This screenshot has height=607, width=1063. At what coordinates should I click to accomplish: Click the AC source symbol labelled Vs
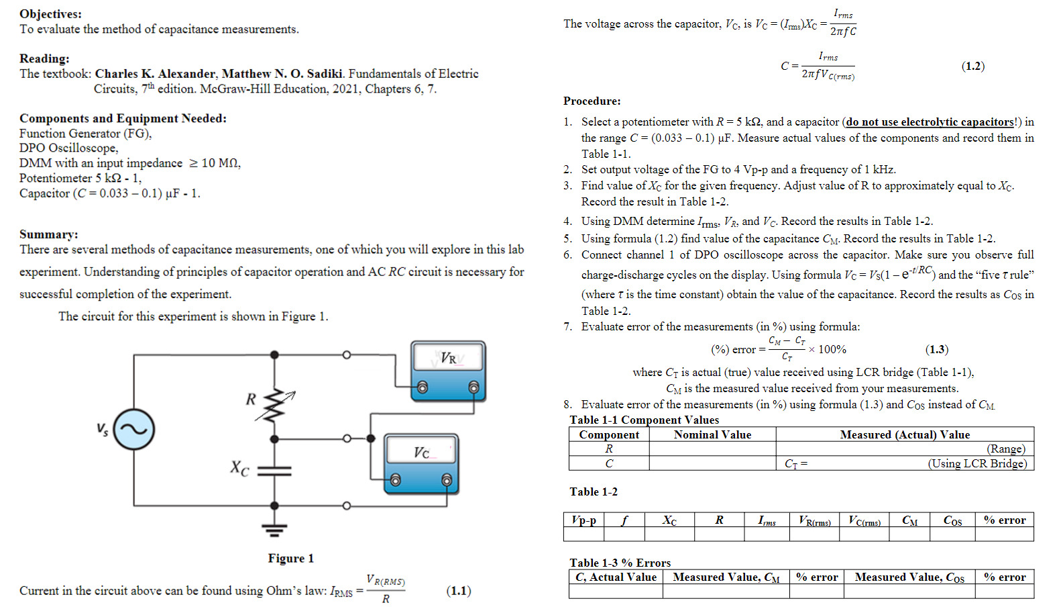pyautogui.click(x=134, y=430)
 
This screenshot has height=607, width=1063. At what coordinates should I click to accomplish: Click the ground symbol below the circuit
pyautogui.click(x=274, y=530)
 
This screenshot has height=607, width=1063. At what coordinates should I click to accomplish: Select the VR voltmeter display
pyautogui.click(x=447, y=358)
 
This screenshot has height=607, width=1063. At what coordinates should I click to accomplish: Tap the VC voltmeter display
pyautogui.click(x=421, y=452)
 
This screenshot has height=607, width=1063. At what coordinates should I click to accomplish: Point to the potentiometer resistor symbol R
pyautogui.click(x=274, y=404)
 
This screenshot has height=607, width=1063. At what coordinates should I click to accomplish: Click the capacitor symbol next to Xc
pyautogui.click(x=274, y=471)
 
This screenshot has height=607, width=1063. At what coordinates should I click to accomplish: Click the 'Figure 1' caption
pyautogui.click(x=290, y=558)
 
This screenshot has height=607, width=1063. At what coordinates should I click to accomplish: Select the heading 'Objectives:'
pyautogui.click(x=50, y=13)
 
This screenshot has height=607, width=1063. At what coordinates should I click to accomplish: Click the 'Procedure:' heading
pyautogui.click(x=592, y=101)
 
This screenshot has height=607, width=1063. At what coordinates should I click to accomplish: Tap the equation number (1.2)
pyautogui.click(x=972, y=66)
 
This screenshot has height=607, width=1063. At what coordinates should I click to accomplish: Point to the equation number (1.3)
pyautogui.click(x=936, y=349)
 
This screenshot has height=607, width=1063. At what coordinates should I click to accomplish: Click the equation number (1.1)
pyautogui.click(x=459, y=591)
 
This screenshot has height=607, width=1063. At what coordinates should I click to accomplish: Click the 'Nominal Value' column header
pyautogui.click(x=712, y=434)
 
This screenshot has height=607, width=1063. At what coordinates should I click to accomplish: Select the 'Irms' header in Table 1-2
pyautogui.click(x=767, y=520)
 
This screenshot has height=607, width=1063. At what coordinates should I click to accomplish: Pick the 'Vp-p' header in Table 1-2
pyautogui.click(x=583, y=520)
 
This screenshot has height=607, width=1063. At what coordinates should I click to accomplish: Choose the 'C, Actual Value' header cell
pyautogui.click(x=616, y=577)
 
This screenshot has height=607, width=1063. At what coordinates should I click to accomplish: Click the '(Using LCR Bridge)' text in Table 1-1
pyautogui.click(x=977, y=463)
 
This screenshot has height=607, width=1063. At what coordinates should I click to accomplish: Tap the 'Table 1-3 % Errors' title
pyautogui.click(x=620, y=563)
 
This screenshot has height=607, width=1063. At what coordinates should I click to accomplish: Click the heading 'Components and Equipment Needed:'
pyautogui.click(x=123, y=118)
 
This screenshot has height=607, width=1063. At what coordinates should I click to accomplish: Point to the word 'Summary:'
pyautogui.click(x=48, y=234)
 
